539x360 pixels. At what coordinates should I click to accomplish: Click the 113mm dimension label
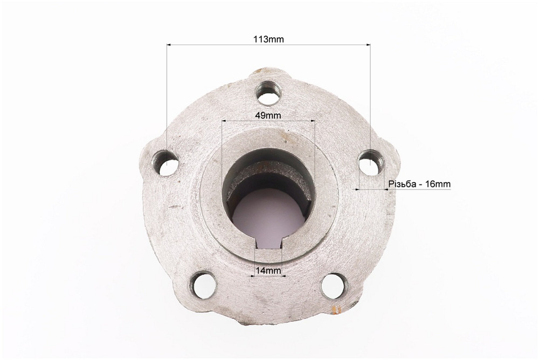click(268, 39)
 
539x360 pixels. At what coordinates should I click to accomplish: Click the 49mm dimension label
click(268, 115)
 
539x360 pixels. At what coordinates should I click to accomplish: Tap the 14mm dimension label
click(268, 271)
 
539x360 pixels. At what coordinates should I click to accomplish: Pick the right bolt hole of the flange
click(371, 163)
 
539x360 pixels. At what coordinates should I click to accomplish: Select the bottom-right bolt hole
click(334, 286)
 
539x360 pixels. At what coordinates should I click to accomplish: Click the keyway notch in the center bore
click(268, 245)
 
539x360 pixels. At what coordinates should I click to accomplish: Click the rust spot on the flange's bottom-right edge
click(338, 309)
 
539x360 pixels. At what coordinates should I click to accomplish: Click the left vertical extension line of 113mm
click(167, 97)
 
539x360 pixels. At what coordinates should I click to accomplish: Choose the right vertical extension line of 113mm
click(370, 97)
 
